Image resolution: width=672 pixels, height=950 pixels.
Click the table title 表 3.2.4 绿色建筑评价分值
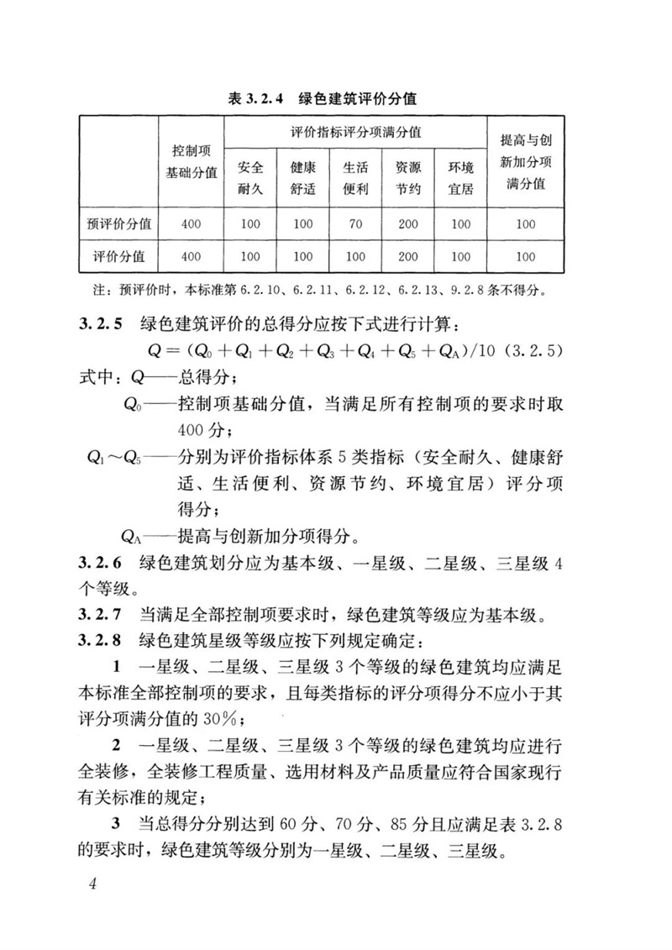(x=335, y=99)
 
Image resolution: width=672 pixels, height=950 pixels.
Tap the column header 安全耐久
(x=250, y=177)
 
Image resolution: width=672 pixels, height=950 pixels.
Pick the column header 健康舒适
(x=303, y=177)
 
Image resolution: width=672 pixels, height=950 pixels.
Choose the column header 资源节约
(x=408, y=177)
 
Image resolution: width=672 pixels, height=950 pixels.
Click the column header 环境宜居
(x=460, y=177)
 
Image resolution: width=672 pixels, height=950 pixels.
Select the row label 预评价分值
(x=119, y=223)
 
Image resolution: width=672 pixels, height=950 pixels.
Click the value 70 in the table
(x=355, y=223)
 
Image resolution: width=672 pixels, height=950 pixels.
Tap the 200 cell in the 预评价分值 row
(x=408, y=223)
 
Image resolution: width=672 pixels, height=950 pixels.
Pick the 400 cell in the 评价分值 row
(x=191, y=256)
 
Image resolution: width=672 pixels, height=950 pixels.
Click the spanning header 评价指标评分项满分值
(x=355, y=133)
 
